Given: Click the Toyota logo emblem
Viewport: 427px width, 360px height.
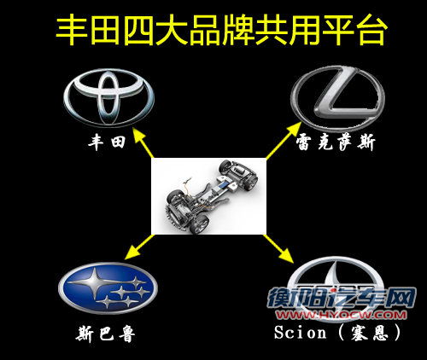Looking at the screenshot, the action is click(x=108, y=98).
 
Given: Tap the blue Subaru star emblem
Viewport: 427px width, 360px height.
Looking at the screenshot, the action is click(x=108, y=288).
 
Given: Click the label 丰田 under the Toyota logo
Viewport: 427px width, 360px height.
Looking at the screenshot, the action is click(x=107, y=142).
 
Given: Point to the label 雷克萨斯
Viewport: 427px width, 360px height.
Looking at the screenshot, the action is click(x=336, y=142).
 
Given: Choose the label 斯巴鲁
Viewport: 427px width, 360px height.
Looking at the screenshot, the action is click(x=105, y=334).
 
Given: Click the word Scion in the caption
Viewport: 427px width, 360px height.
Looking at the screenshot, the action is click(x=300, y=332).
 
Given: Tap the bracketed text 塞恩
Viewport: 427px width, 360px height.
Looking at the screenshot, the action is click(x=369, y=333).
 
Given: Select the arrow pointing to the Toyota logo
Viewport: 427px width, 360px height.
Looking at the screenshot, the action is click(x=143, y=142).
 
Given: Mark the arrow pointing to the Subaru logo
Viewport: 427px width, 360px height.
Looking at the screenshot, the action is click(x=140, y=247).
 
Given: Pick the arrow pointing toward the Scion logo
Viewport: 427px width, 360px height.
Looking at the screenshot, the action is click(x=278, y=247).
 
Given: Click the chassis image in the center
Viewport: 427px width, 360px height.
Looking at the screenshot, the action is click(x=208, y=196).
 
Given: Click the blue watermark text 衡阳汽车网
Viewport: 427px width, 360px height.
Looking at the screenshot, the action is click(x=342, y=298).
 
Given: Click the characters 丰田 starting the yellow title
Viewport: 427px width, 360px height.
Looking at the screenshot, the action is click(x=88, y=31).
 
